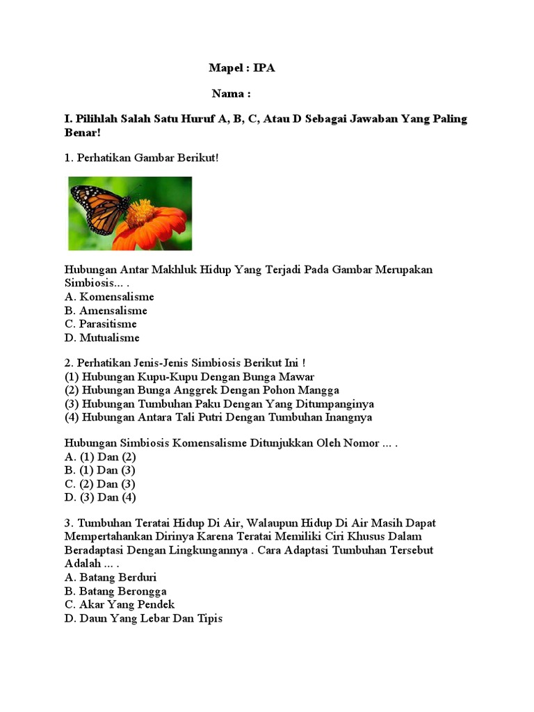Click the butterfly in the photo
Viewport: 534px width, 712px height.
point(99,207)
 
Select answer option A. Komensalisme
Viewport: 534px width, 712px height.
point(109,297)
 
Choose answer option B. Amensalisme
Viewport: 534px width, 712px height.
point(106,311)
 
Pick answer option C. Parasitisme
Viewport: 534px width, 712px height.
point(101,324)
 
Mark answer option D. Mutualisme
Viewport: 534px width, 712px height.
point(102,338)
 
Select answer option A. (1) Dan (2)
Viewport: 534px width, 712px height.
point(100,457)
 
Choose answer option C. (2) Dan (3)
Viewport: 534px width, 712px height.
point(100,484)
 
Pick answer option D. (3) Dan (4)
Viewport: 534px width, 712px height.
point(100,497)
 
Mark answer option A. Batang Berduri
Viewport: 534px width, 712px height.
point(111,578)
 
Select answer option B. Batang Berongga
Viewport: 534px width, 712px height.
point(115,591)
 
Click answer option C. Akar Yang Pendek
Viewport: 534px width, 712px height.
point(120,604)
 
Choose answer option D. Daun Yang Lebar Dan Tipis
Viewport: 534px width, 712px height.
point(143,618)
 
